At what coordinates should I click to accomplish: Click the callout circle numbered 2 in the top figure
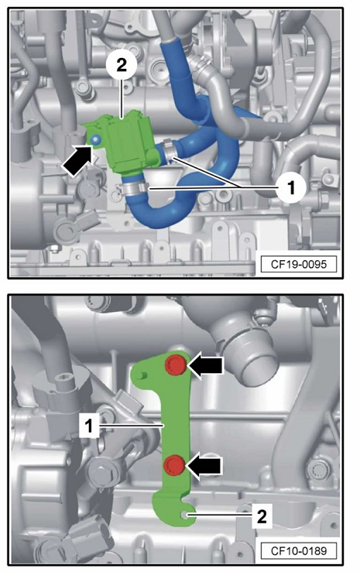tap(122, 66)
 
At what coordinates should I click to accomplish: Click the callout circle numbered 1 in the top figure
tap(290, 188)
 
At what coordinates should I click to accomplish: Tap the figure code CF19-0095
tap(298, 264)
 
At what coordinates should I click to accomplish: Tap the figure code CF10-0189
tap(298, 550)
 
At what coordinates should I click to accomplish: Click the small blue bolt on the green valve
tap(95, 139)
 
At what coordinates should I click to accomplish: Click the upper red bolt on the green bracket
tap(176, 365)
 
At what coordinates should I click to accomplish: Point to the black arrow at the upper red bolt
tap(204, 365)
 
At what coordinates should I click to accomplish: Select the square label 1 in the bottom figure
tap(88, 426)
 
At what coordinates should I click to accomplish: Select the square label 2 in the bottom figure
tap(262, 516)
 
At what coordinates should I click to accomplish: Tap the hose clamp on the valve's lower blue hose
tap(132, 189)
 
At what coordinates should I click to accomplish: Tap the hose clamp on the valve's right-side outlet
tap(170, 151)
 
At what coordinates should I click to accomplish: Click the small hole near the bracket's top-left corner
tap(142, 375)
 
